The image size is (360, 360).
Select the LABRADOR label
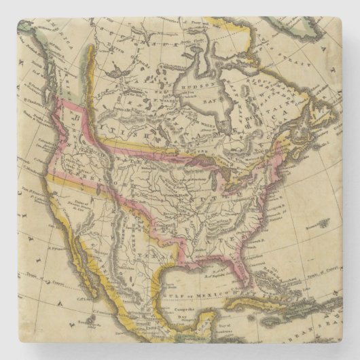point(272,95)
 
